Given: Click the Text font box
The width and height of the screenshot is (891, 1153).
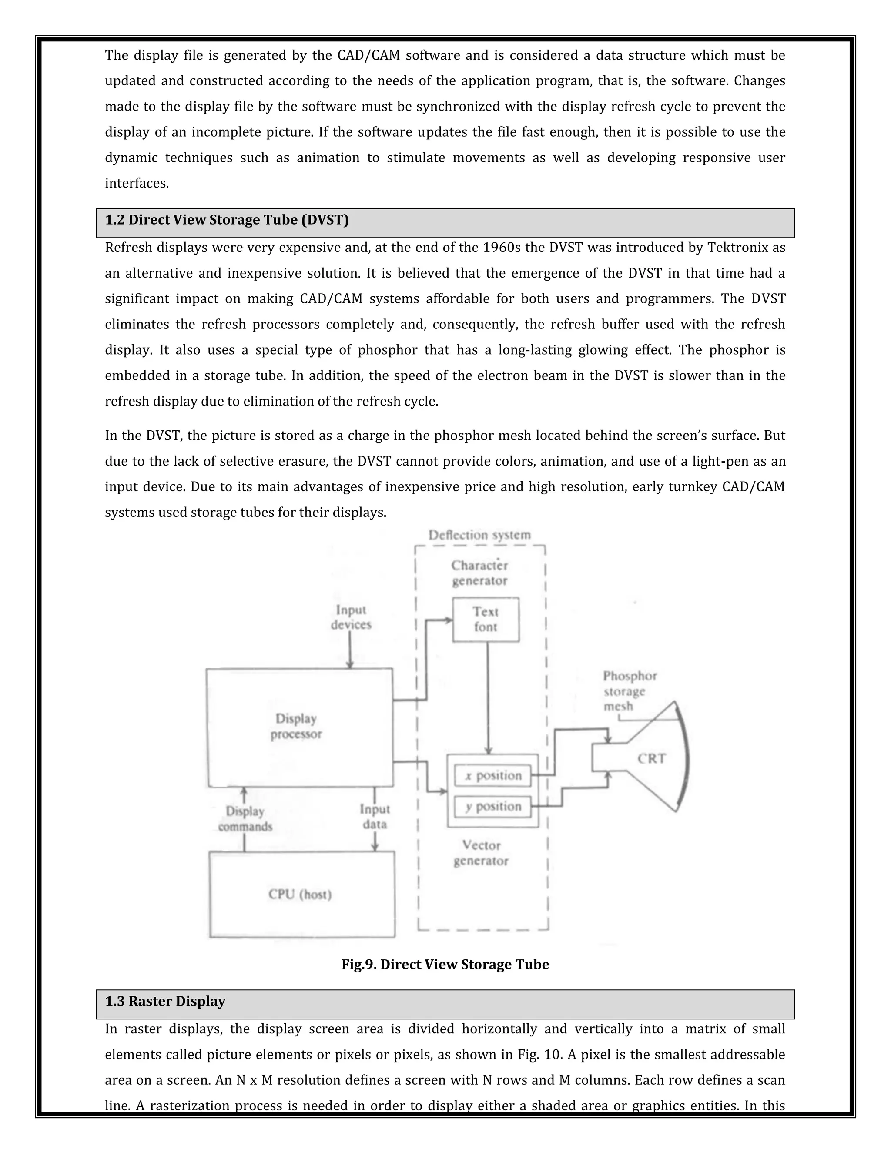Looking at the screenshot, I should [485, 619].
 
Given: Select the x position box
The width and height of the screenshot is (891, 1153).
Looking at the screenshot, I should [492, 775].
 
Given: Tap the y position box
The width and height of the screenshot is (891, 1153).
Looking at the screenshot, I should [492, 806].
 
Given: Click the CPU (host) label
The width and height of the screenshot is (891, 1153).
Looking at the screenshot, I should [300, 894].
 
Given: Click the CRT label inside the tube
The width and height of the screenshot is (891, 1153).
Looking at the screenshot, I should [651, 759].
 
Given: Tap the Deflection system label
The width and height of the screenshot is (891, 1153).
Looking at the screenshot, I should [479, 535].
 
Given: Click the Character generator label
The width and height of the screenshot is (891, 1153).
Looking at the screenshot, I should [479, 573].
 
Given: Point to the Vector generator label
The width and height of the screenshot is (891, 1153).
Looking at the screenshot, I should [481, 853].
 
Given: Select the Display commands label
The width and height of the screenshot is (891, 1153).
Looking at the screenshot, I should [245, 819].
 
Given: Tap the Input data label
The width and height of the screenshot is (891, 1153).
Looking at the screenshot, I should [375, 817].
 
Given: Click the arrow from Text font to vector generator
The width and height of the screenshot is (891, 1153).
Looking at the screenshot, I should [488, 697].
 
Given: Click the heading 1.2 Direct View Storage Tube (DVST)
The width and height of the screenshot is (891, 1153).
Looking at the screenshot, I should [227, 220].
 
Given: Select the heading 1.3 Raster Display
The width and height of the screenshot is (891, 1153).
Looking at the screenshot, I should [165, 1002].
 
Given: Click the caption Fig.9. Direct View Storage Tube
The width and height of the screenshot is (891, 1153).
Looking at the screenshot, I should [445, 965].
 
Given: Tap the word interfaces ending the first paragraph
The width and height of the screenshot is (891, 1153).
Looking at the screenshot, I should [137, 183].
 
